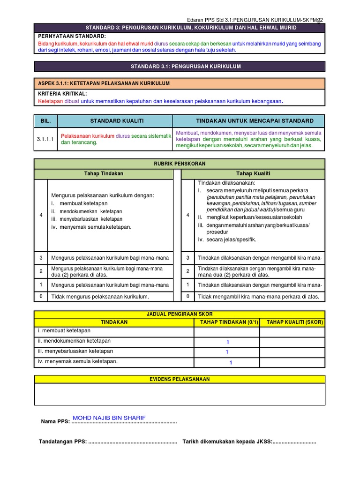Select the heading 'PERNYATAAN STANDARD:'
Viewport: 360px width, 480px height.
[x=72, y=36]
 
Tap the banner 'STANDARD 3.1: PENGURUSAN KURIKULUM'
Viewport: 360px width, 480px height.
[x=180, y=67]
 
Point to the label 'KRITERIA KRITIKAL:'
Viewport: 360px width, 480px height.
[x=62, y=94]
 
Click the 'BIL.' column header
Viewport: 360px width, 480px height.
[x=45, y=120]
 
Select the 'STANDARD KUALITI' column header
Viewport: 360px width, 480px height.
[x=114, y=120]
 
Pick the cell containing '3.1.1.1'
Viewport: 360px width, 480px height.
[x=45, y=139]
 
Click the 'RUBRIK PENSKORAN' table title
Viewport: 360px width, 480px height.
[x=180, y=164]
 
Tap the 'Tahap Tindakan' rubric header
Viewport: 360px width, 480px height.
[x=104, y=173]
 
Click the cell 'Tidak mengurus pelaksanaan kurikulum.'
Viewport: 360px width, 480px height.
[x=100, y=296]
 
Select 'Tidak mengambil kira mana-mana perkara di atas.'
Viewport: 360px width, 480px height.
[x=259, y=296]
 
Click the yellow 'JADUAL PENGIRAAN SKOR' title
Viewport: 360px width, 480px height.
[x=180, y=314]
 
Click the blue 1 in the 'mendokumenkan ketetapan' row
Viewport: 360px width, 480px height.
[x=227, y=342]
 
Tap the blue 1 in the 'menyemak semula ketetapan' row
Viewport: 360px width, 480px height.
[x=230, y=363]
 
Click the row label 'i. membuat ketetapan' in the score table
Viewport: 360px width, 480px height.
[x=64, y=331]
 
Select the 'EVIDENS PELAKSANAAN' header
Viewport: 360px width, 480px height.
[x=180, y=379]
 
